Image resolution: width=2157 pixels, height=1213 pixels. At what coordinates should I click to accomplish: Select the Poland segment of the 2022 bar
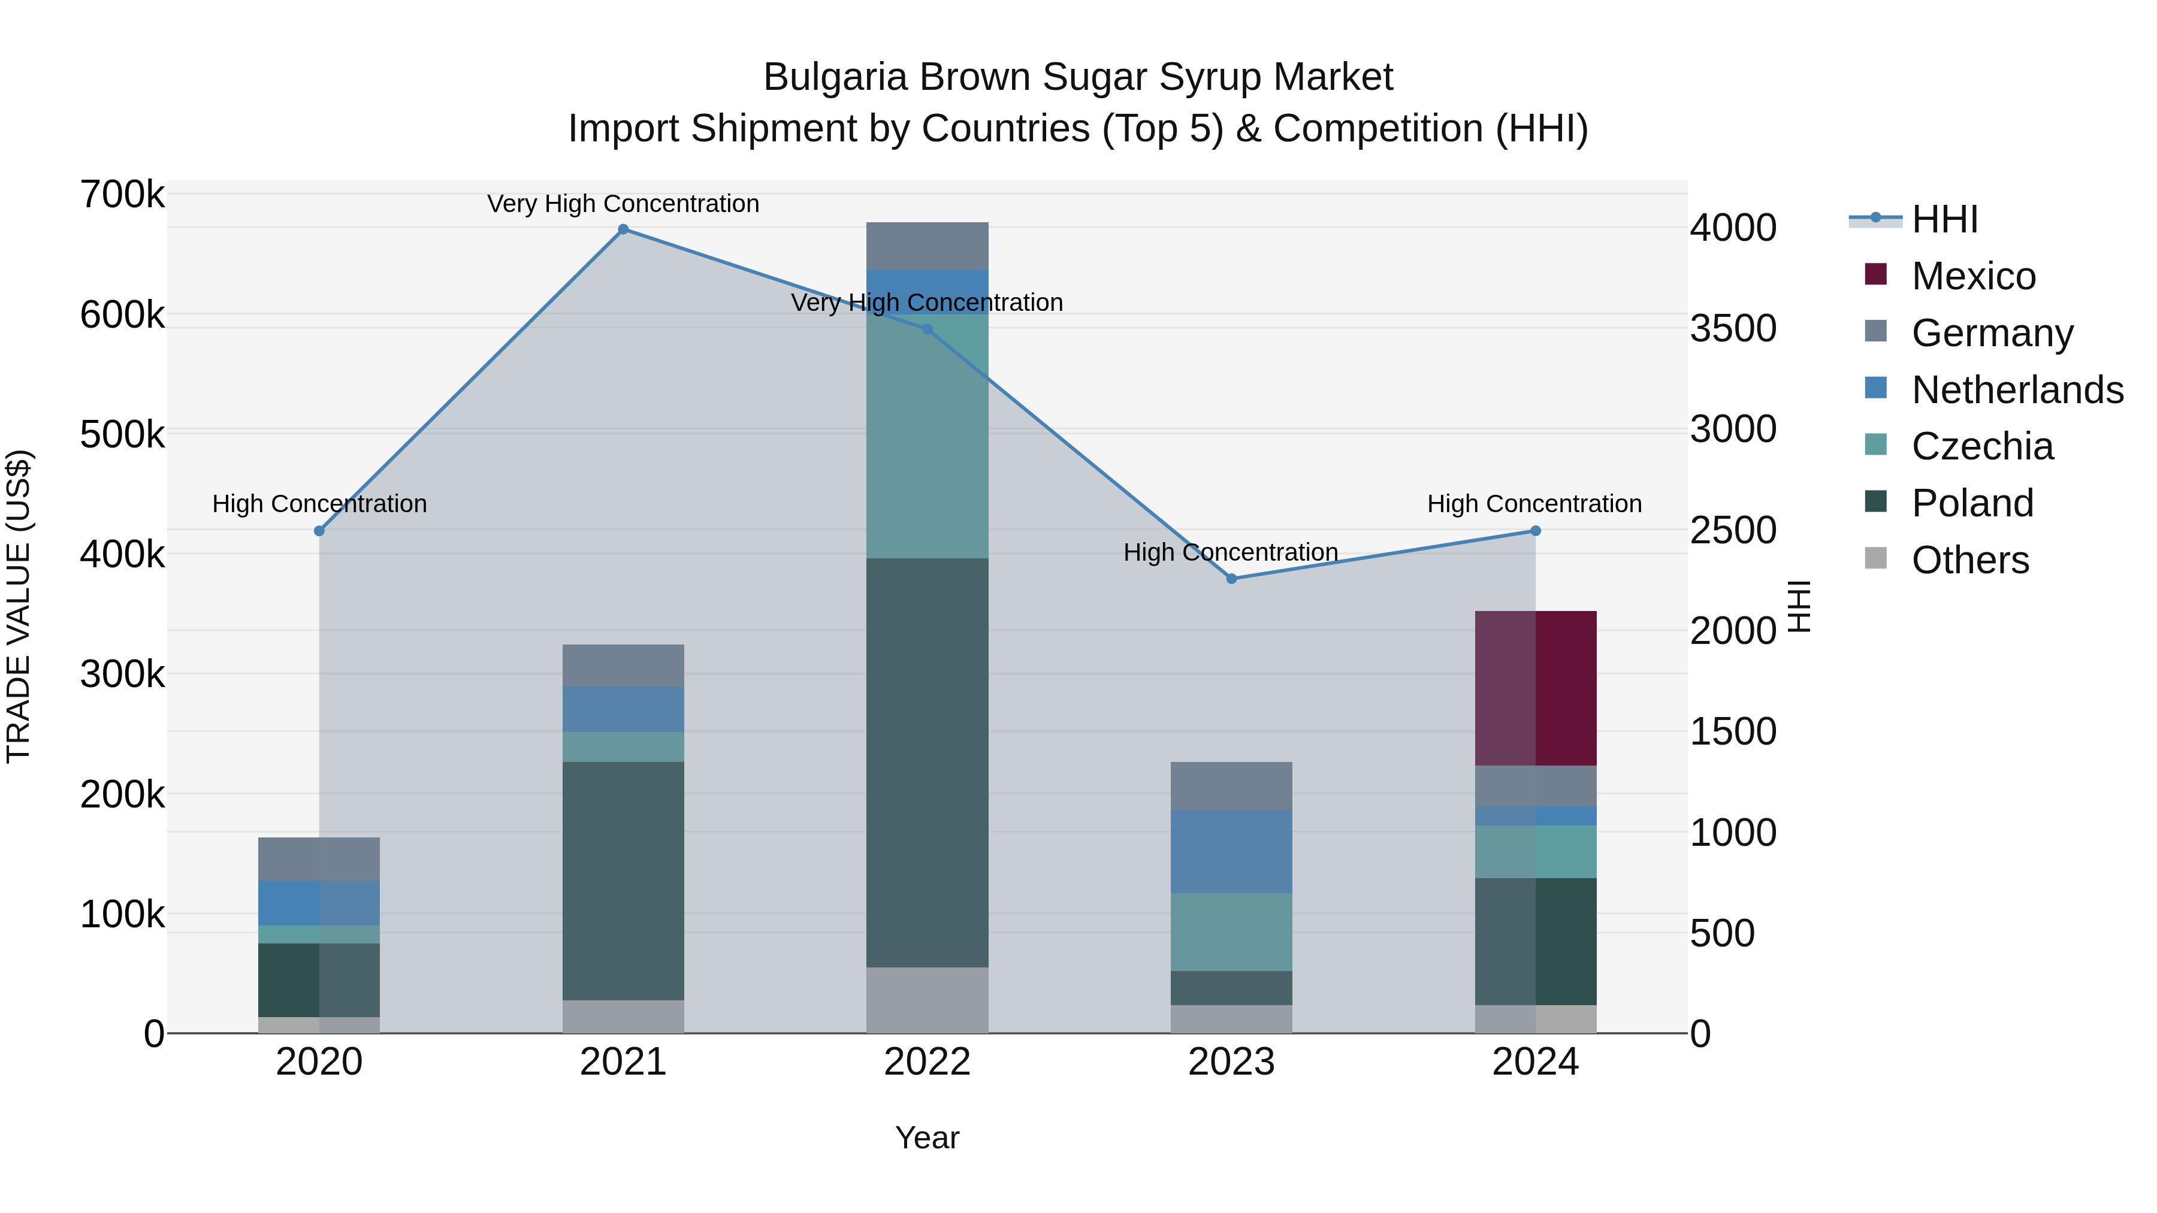927,762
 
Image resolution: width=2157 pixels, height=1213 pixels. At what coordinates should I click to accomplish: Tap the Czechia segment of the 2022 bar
927,435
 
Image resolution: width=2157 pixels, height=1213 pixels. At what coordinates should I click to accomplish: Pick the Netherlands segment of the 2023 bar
1231,851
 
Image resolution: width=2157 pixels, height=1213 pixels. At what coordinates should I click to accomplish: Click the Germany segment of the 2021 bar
623,666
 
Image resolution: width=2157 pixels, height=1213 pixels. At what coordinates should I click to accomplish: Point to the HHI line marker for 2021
623,229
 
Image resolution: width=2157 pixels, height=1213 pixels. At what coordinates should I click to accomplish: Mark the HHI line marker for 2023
1231,579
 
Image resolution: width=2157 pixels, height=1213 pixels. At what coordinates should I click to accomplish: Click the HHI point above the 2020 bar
319,531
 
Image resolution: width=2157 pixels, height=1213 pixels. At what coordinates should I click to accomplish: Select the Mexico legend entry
1973,276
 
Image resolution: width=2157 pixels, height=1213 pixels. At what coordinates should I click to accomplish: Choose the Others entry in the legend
1969,560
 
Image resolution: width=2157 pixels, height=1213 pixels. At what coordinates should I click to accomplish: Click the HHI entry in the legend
1944,219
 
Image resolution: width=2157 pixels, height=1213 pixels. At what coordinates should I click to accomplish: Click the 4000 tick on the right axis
1732,227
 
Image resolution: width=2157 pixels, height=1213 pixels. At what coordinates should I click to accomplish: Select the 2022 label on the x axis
927,1062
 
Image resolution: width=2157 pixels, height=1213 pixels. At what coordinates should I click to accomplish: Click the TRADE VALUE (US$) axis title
19,606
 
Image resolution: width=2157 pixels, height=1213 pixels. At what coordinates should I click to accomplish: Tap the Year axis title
927,1138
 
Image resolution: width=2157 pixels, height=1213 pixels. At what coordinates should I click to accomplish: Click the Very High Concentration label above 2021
623,204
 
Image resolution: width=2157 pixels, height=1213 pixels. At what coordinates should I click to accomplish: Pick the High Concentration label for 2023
1230,552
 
